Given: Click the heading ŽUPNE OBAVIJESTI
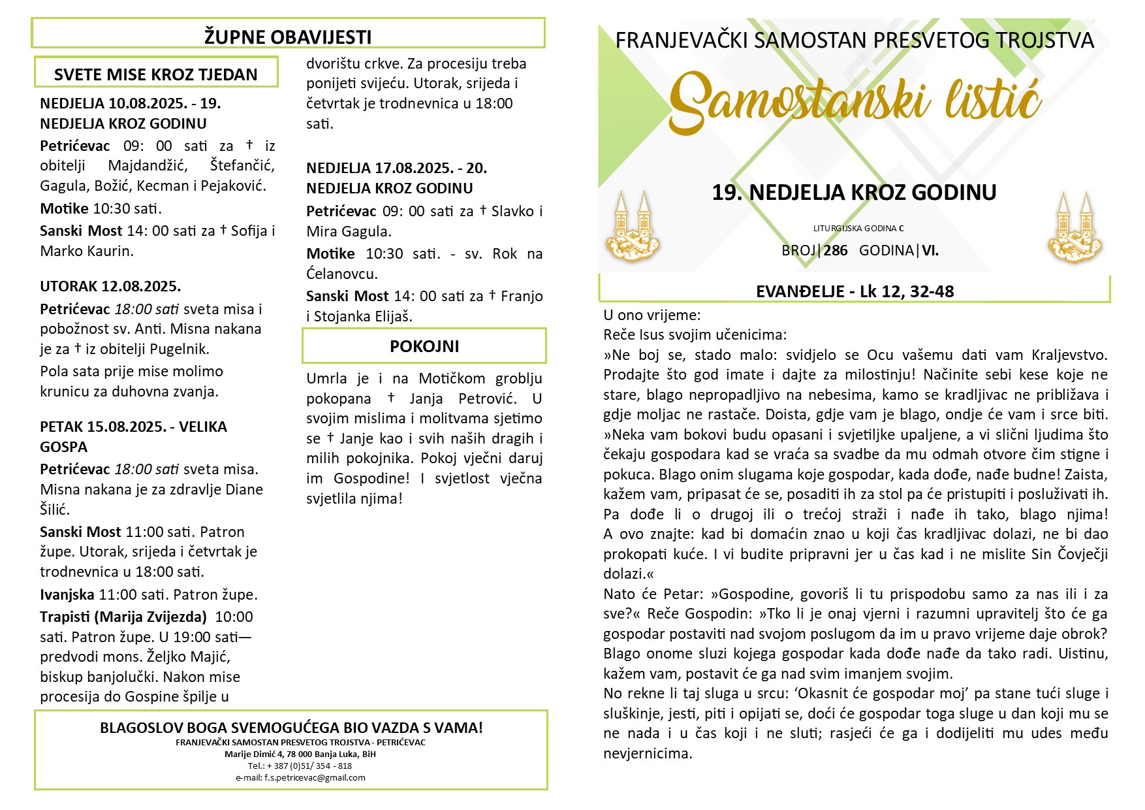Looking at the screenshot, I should tap(288, 37).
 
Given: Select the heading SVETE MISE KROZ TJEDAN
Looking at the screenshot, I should tap(155, 74).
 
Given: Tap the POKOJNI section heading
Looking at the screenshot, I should tap(424, 346).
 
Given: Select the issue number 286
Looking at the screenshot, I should tap(836, 250).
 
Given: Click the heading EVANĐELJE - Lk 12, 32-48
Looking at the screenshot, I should tap(855, 291).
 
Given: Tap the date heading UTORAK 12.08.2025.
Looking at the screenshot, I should tap(110, 286).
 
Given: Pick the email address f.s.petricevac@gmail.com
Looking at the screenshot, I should tap(300, 778).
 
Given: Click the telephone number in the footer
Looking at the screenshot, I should tap(300, 766).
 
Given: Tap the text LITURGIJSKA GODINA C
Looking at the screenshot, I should tap(858, 229).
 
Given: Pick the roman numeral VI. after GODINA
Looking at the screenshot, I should tap(930, 250).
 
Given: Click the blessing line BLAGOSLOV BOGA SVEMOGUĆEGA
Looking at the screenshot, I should tap(291, 728).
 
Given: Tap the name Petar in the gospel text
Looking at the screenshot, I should tap(682, 594).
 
